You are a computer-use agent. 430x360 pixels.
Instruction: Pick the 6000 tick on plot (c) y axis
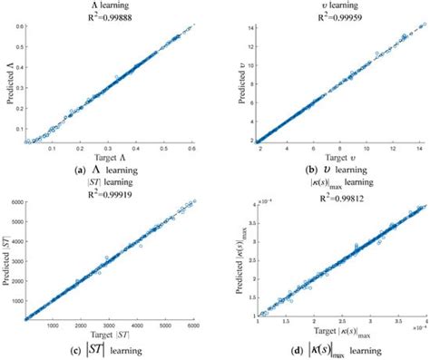(x=15, y=203)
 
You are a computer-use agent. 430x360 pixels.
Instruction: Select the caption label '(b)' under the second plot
(x=288, y=169)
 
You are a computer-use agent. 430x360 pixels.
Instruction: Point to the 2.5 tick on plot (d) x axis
(x=335, y=324)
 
